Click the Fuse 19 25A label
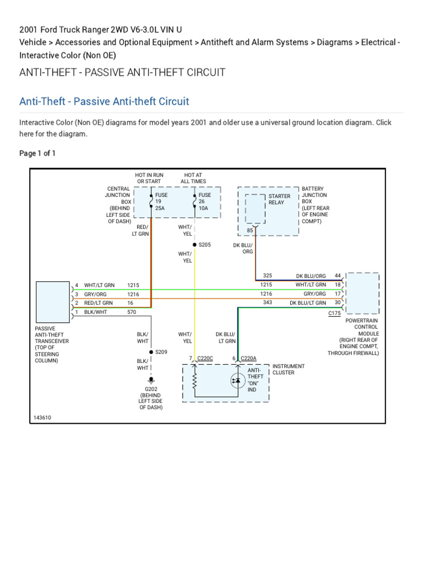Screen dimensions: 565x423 coord(161,201)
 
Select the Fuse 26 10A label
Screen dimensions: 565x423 coord(204,201)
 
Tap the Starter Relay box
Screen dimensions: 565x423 coord(255,209)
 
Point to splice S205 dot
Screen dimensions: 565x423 coord(194,244)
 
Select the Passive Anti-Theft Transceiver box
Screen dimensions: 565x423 coord(53,301)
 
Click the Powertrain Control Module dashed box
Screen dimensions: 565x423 coord(362,292)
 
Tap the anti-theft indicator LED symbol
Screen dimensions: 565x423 coord(237,380)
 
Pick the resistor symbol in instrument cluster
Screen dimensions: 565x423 coord(194,380)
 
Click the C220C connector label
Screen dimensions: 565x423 coord(204,359)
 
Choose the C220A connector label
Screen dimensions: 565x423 coord(248,359)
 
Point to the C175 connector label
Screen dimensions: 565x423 coord(334,313)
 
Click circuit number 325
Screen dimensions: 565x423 coord(268,275)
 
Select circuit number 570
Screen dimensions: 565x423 coord(132,312)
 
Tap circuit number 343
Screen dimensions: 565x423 coord(268,302)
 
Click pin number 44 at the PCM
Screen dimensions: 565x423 coord(338,275)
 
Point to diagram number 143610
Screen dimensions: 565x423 coord(42,418)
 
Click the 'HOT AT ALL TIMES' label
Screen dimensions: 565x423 coord(193,178)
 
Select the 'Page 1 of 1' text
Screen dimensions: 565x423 coord(37,153)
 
